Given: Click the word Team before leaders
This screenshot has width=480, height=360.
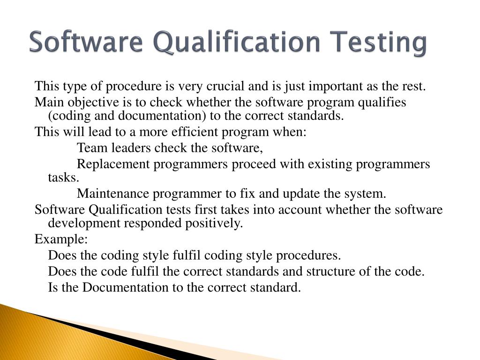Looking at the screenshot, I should click(92, 148).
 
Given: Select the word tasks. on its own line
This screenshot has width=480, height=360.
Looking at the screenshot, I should click(64, 178).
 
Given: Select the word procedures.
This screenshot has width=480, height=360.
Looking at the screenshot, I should click(308, 255).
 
